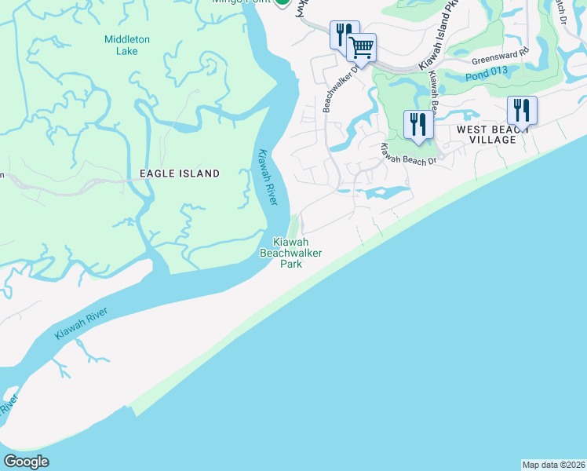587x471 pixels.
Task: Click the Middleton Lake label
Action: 121,46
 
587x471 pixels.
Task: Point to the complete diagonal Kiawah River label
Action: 81,321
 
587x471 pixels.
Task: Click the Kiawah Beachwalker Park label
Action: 291,253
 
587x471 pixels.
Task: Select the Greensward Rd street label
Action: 501,56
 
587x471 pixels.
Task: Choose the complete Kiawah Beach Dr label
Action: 409,154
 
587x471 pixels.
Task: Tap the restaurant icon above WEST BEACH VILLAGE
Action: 522,109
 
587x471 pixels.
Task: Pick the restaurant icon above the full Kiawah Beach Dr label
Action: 417,124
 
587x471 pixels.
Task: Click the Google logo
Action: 26,462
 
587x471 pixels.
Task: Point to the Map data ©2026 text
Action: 553,465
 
